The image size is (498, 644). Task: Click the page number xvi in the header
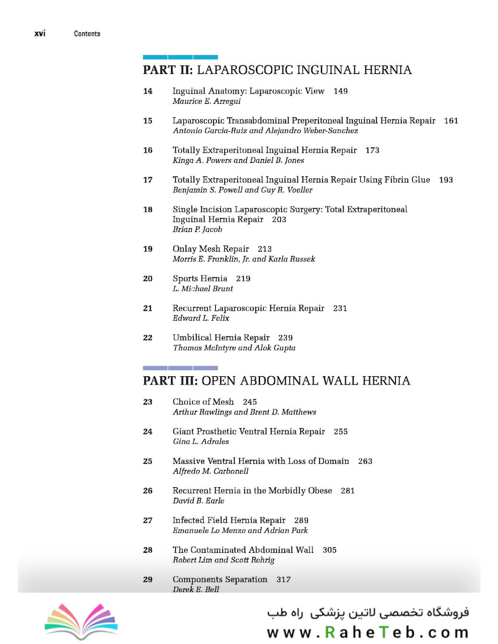40,33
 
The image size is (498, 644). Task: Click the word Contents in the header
87,34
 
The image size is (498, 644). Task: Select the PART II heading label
168,70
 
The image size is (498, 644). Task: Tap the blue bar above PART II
180,57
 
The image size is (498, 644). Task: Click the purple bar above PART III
180,368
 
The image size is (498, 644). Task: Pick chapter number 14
147,91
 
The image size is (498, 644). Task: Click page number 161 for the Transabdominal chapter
451,121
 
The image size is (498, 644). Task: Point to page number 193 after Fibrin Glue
446,180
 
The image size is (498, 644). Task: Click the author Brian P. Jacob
197,230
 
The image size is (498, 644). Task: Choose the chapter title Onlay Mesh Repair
211,249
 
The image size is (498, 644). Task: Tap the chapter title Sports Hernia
200,278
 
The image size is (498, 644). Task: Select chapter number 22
147,338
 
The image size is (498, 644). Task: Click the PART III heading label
169,381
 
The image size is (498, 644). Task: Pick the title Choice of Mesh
203,402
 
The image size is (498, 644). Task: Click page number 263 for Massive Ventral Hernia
365,462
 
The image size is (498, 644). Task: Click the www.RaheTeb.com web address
367,632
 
